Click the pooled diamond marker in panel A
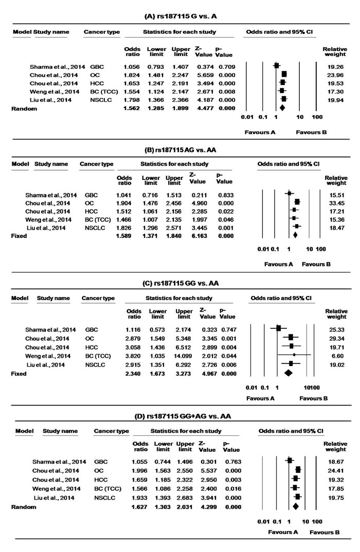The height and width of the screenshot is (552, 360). pos(282,108)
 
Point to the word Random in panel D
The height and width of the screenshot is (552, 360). pos(26,507)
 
